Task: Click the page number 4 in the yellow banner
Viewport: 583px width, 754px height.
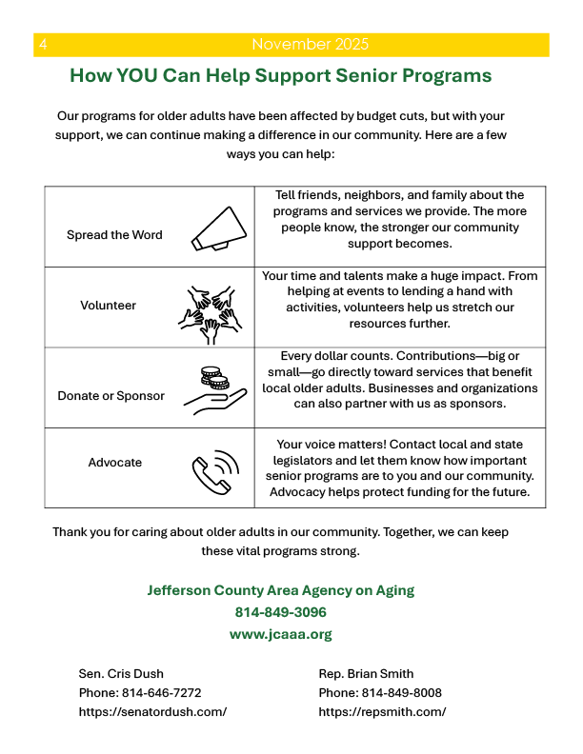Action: coord(44,45)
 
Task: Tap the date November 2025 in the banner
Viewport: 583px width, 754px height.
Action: coord(311,45)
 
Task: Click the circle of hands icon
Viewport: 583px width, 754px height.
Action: coord(207,308)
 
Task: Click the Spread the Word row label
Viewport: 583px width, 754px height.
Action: coord(114,235)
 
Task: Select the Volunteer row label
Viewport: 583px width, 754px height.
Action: coord(108,306)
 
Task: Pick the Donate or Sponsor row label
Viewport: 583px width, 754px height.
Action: coord(111,396)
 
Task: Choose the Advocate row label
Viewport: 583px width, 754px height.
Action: coord(114,463)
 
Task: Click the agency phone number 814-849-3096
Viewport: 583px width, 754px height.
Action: coord(281,612)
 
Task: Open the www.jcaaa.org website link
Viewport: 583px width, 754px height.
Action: coord(281,634)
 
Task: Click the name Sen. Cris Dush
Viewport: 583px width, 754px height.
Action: coord(121,674)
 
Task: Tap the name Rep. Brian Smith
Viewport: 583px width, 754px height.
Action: coord(366,674)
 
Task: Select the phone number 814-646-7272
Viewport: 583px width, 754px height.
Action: coord(161,693)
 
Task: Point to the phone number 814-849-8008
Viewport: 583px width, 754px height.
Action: coord(401,693)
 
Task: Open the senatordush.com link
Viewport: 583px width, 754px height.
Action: coord(152,712)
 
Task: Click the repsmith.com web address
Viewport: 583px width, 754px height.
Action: coord(382,712)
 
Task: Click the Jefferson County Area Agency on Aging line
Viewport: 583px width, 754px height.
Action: coord(281,590)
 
